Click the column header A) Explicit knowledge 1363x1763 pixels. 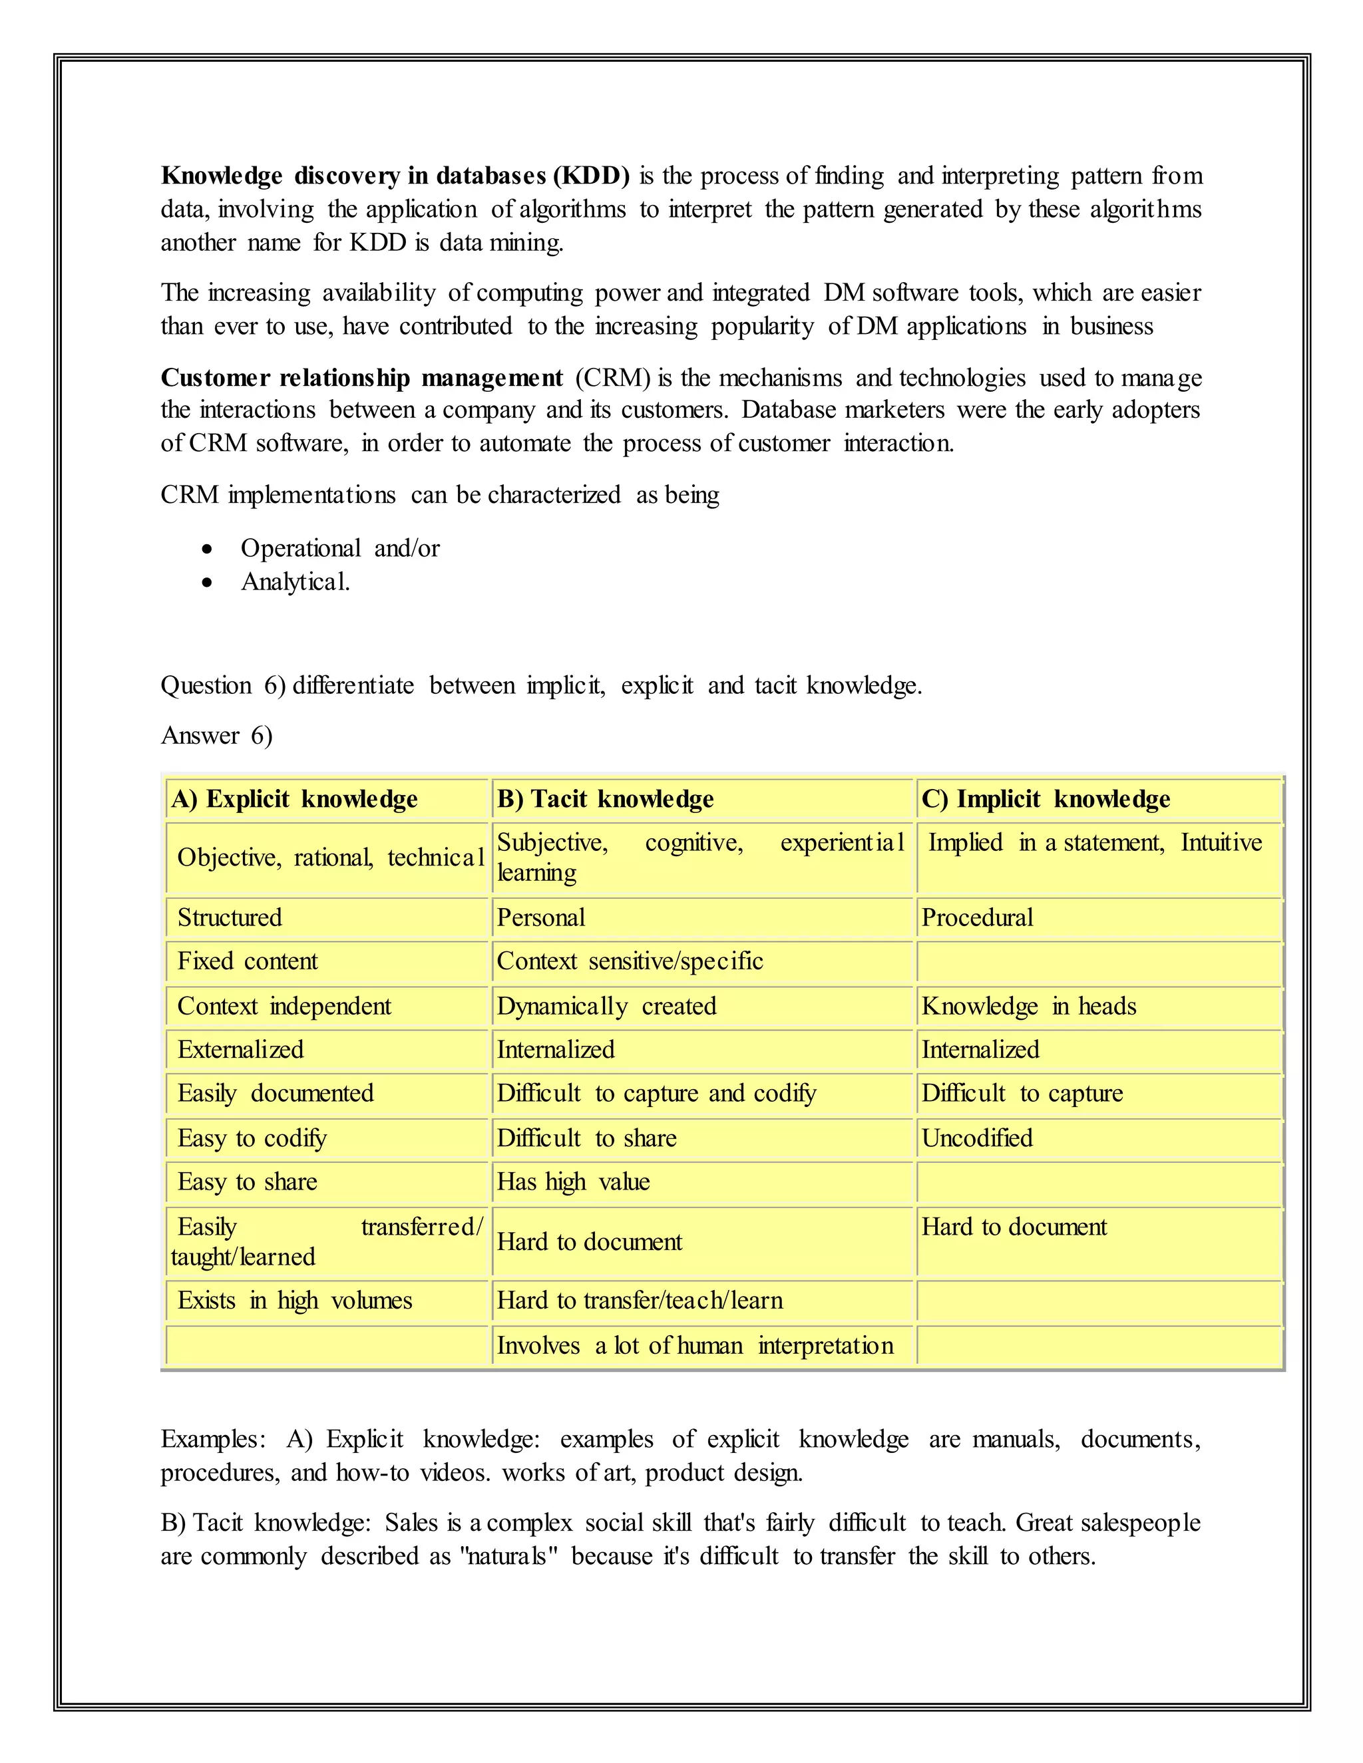[x=295, y=799]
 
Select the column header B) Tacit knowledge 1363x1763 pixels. [x=606, y=799]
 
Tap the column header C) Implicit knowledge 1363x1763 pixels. [x=1046, y=799]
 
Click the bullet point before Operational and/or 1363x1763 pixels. [x=208, y=550]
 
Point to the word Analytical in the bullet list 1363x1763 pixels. [x=295, y=582]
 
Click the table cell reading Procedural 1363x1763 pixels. [x=977, y=918]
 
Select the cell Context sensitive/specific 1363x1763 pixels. [x=630, y=961]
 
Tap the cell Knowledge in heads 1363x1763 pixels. [x=1029, y=1007]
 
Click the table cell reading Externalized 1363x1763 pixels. [x=241, y=1050]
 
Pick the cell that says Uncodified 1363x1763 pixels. [x=977, y=1138]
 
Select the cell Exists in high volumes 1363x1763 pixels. [x=295, y=1301]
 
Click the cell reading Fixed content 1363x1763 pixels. [x=247, y=961]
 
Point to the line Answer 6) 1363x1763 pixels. [x=216, y=735]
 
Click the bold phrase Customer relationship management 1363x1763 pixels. [x=362, y=378]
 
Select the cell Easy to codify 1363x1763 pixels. [x=252, y=1138]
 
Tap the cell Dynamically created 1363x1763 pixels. [x=606, y=1007]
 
